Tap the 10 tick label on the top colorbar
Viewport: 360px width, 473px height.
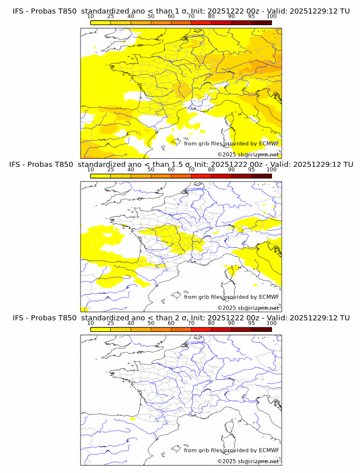point(90,17)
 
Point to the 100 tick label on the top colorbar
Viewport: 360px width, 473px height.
point(271,17)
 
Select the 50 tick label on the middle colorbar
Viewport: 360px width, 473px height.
point(151,170)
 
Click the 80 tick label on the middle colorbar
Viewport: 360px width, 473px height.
point(211,170)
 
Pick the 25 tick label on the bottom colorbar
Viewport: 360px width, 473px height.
point(110,323)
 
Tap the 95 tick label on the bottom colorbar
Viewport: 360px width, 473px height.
point(251,323)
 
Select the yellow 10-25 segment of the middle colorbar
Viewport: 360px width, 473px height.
point(101,175)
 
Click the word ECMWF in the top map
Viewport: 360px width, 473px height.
point(269,144)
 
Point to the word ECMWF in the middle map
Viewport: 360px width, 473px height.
point(269,297)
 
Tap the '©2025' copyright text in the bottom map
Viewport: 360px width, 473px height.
point(226,461)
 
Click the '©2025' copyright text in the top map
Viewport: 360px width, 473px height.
point(226,155)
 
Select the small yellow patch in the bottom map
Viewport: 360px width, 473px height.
point(133,419)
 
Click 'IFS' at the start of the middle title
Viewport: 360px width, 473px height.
point(18,165)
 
